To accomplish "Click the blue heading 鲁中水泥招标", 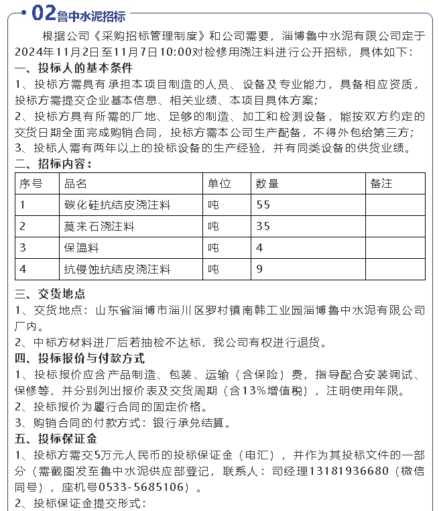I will pos(92,15).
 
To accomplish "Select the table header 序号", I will pos(31,183).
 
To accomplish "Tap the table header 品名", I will pos(76,183).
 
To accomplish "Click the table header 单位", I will pos(219,183).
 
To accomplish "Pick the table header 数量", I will pos(267,183).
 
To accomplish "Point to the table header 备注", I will pos(381,183).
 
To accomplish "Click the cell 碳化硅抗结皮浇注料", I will pos(117,205).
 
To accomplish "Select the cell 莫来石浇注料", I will pos(99,226).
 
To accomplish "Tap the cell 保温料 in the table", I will pos(81,247).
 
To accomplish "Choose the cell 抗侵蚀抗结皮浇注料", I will pos(117,269).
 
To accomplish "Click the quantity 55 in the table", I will pos(263,205).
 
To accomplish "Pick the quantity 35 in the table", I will pos(263,226).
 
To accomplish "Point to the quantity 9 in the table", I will pos(259,269).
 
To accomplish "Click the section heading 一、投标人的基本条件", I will pos(74,68).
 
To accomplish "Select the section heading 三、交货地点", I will pos(50,294).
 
